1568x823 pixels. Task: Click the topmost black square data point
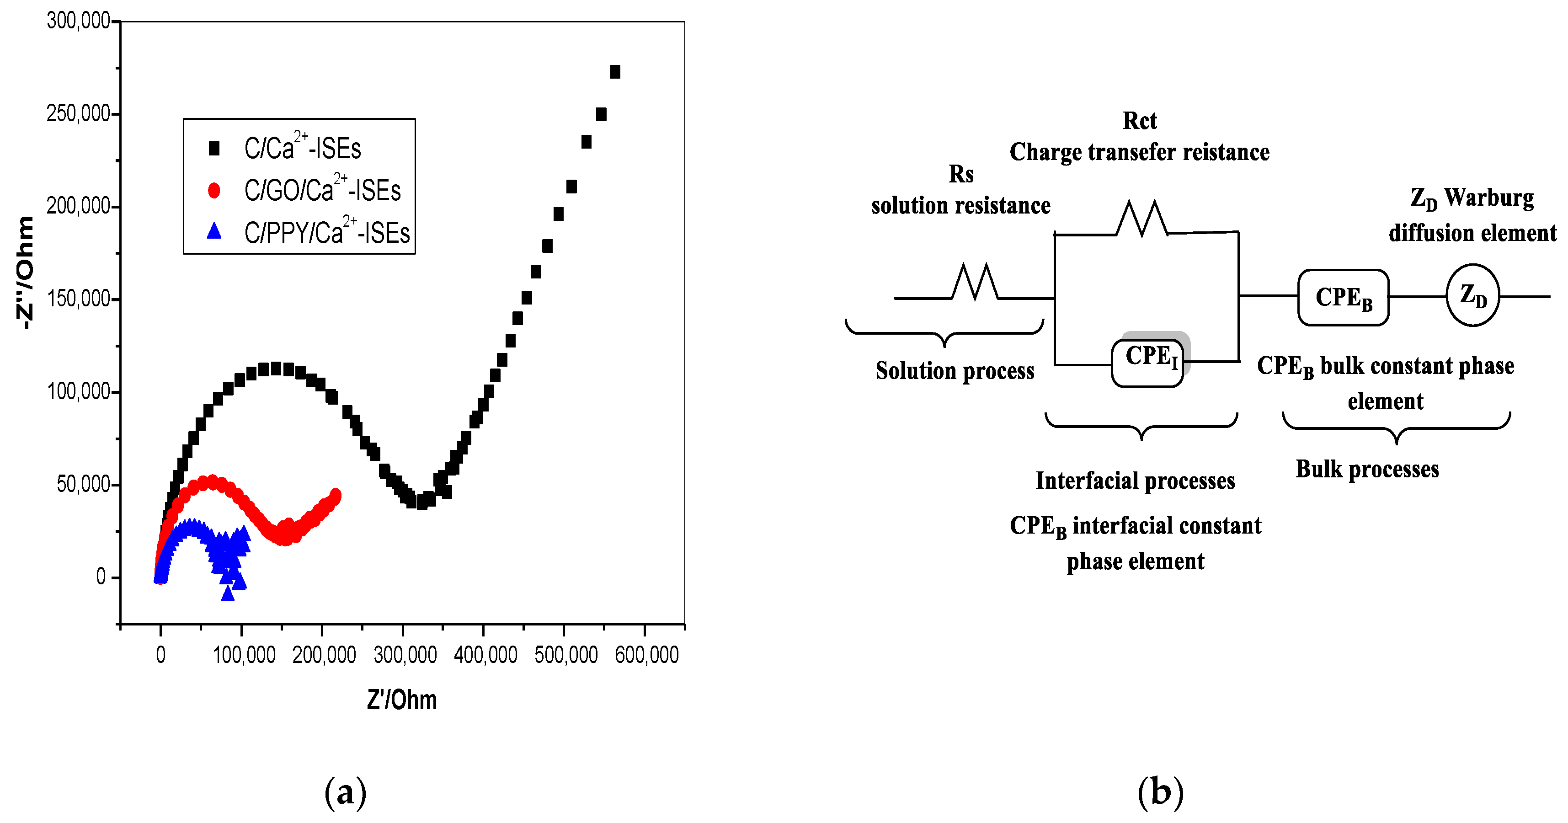pos(615,72)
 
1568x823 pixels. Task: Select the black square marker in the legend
pos(213,149)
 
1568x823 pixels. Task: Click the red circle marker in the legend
pos(213,191)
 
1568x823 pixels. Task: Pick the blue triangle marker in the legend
pos(213,231)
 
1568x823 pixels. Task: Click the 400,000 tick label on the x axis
pos(485,655)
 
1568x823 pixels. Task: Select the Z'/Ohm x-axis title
pos(402,700)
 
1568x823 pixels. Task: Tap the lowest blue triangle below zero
pos(228,593)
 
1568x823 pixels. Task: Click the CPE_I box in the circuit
pos(1148,363)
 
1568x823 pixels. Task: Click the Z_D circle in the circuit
pos(1472,296)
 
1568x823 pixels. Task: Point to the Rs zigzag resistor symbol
pos(975,283)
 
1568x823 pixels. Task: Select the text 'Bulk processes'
pos(1367,469)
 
